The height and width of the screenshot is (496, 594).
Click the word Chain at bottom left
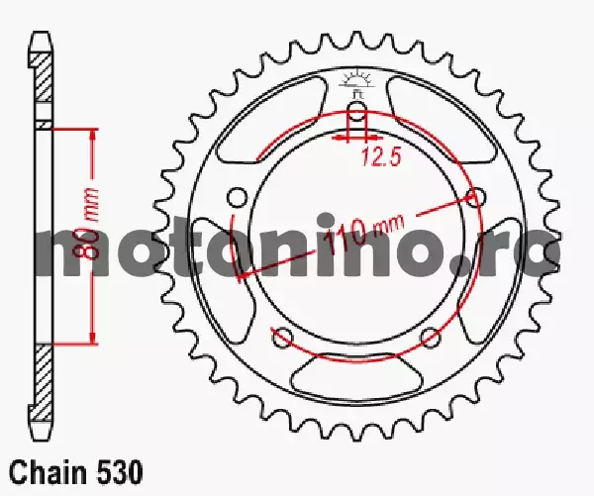pos(48,472)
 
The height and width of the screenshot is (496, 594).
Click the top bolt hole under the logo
pos(356,112)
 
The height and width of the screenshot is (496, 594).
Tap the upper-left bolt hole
pos(239,197)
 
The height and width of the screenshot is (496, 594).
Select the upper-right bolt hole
pos(475,197)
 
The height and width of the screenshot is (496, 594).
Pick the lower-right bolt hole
pos(431,336)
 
